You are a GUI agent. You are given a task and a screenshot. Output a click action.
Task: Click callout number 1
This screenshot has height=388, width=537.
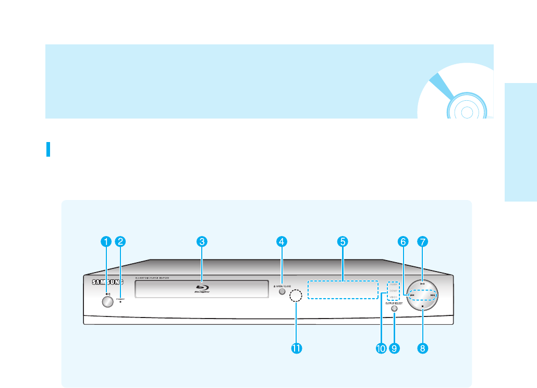(106, 241)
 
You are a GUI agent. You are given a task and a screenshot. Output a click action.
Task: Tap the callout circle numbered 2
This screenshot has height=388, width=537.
(120, 241)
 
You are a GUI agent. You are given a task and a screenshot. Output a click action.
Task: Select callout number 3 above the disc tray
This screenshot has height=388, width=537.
(202, 241)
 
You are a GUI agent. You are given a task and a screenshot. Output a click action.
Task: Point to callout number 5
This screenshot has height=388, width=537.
(342, 241)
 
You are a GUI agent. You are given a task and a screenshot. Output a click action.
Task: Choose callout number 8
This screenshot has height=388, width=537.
(423, 347)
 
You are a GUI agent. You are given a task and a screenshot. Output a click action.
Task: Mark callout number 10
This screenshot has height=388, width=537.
(381, 347)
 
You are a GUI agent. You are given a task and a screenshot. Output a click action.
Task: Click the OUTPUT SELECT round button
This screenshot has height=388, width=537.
(394, 309)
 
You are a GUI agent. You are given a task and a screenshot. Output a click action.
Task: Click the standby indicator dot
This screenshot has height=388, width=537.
(120, 301)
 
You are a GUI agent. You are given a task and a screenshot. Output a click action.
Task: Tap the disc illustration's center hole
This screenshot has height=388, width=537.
(467, 111)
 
